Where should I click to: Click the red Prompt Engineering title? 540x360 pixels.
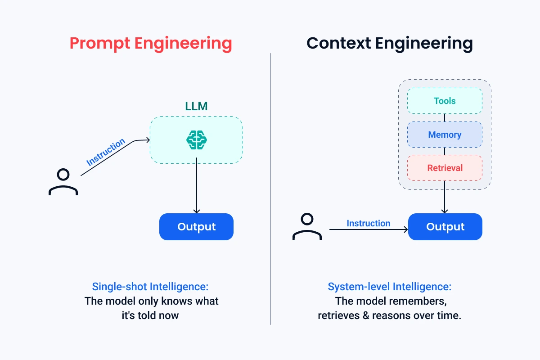(x=151, y=44)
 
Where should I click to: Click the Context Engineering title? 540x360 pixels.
(x=389, y=44)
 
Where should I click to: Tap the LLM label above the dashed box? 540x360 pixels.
(x=196, y=106)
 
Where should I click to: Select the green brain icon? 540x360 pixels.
(x=196, y=140)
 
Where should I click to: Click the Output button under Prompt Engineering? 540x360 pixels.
(x=196, y=227)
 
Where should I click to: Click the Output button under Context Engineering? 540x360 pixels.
(x=445, y=227)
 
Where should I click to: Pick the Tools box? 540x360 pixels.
(x=445, y=101)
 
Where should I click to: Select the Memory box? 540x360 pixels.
(x=445, y=135)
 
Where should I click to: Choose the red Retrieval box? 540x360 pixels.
(x=445, y=168)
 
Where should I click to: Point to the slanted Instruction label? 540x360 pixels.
(x=106, y=153)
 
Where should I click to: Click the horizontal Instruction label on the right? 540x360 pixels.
(x=368, y=223)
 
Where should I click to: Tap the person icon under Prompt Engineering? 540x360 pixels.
(x=63, y=182)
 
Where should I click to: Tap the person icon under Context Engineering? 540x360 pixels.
(x=307, y=226)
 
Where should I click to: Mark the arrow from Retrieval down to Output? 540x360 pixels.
(x=445, y=198)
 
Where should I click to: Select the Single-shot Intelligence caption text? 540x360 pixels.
(x=150, y=287)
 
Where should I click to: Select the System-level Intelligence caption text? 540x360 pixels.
(x=389, y=287)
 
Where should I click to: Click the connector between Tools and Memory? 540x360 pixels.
(x=445, y=118)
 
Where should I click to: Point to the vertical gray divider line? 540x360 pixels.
(x=270, y=189)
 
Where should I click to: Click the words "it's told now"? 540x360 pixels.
(x=150, y=315)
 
